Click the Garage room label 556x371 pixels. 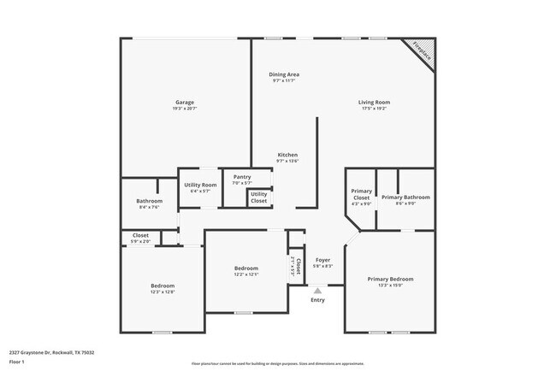(185, 102)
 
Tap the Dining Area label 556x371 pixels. (284, 74)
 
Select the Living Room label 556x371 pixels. (374, 103)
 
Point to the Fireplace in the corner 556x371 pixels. (422, 53)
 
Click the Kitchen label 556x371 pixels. (287, 155)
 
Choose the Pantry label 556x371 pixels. (242, 177)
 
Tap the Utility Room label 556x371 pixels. (200, 185)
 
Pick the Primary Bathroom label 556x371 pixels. (405, 197)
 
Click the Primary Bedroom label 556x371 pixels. (390, 280)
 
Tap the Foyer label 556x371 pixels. (322, 260)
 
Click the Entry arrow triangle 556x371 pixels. (317, 291)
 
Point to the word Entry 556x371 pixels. (317, 300)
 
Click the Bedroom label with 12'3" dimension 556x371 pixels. (163, 286)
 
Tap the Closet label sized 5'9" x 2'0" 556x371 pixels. (140, 235)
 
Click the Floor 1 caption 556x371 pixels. (17, 362)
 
